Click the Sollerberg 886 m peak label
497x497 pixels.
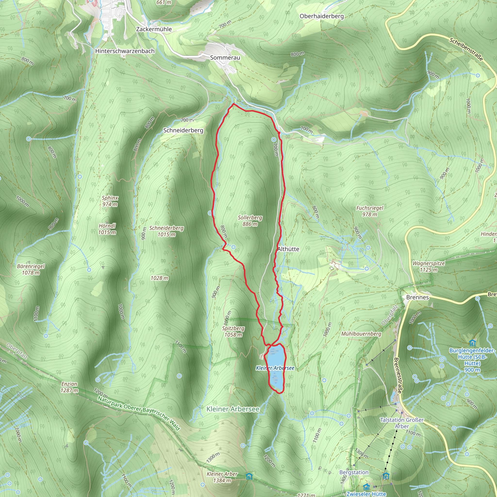coord(250,221)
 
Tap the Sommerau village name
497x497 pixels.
coord(225,58)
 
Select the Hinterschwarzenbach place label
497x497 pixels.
coord(125,51)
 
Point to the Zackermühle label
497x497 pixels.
coord(154,29)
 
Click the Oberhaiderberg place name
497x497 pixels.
coord(322,16)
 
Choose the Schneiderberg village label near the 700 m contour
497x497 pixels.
coord(183,130)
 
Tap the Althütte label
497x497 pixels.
coord(288,249)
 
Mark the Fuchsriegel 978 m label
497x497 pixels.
coord(370,211)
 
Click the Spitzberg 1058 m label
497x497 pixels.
coord(233,331)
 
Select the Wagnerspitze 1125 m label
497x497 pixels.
coord(429,266)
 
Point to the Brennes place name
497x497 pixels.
coord(417,297)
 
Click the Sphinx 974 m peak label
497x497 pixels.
coord(110,201)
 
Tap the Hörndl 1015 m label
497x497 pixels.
coord(107,229)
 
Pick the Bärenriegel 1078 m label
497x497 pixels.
coord(31,269)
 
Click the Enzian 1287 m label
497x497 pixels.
coord(69,387)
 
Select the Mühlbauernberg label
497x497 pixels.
coord(361,334)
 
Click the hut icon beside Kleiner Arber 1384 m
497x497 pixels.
coord(249,476)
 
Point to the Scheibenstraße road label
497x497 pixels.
coord(466,49)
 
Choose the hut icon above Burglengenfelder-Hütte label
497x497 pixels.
coord(472,343)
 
